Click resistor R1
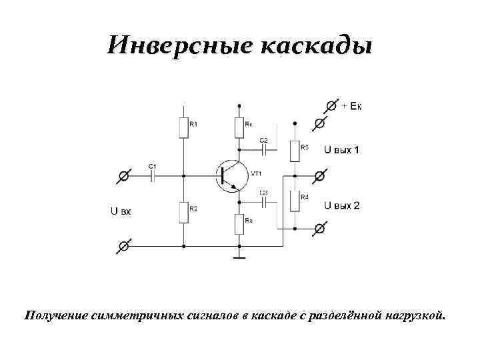[x=183, y=127]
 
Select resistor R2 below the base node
[x=183, y=212]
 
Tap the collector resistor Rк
[x=239, y=127]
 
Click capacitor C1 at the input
[x=153, y=176]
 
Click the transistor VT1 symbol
[x=230, y=176]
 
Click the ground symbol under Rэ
[x=239, y=255]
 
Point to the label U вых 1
[x=341, y=150]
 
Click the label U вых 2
[x=341, y=206]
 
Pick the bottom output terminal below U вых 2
[x=320, y=229]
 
